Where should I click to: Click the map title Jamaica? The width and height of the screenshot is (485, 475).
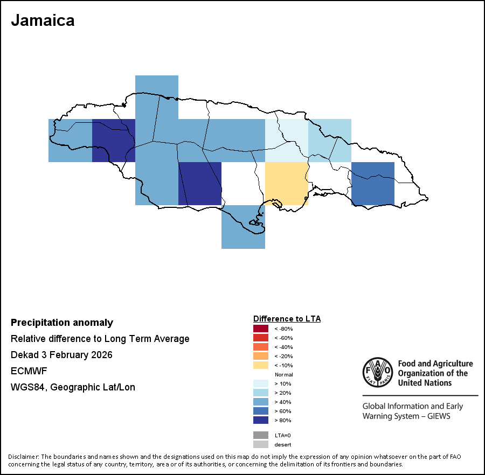coord(43,20)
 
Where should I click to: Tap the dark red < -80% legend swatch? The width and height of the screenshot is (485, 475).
coord(260,329)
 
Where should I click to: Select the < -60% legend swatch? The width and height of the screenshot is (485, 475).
coord(260,338)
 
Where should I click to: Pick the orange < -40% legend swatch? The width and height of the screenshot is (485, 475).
coord(260,347)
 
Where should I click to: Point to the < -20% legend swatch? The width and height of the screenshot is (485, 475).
coord(260,356)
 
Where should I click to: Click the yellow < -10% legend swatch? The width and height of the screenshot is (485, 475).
coord(260,365)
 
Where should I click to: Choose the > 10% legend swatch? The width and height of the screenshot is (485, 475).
coord(260,383)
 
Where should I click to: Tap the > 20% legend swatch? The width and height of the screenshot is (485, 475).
coord(260,393)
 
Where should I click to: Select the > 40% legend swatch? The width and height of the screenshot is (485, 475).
coord(260,402)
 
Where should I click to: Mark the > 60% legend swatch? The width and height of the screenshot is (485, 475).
coord(260,411)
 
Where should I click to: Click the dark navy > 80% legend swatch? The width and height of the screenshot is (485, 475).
coord(260,420)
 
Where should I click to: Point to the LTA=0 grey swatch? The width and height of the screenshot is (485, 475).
coord(260,435)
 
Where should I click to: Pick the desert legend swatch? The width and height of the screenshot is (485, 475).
coord(260,444)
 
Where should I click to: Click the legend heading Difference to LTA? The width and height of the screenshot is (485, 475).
coord(287,319)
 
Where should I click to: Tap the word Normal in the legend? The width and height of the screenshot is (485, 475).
coord(283,374)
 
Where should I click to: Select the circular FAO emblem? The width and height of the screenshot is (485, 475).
coord(378,372)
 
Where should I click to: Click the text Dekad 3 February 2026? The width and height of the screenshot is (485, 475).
coord(61,355)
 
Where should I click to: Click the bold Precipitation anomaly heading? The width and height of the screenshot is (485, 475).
coord(62,323)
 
